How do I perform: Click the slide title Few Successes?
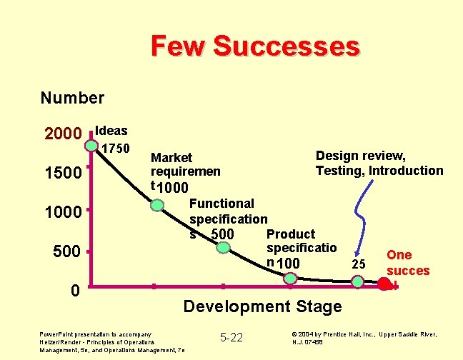coord(255,46)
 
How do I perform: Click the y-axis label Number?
coord(72,98)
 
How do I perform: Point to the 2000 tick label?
coord(64,134)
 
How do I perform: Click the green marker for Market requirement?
coord(157,206)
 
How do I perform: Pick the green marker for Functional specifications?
coord(224,249)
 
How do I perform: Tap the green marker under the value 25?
coord(358,284)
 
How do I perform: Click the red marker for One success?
coord(384,284)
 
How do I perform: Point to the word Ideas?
coord(111,131)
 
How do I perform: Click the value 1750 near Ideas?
coord(115,149)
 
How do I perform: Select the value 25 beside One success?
coord(359,264)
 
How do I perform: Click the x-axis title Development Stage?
coord(262,307)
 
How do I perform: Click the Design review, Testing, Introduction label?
coord(379,164)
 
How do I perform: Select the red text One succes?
coord(408,263)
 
